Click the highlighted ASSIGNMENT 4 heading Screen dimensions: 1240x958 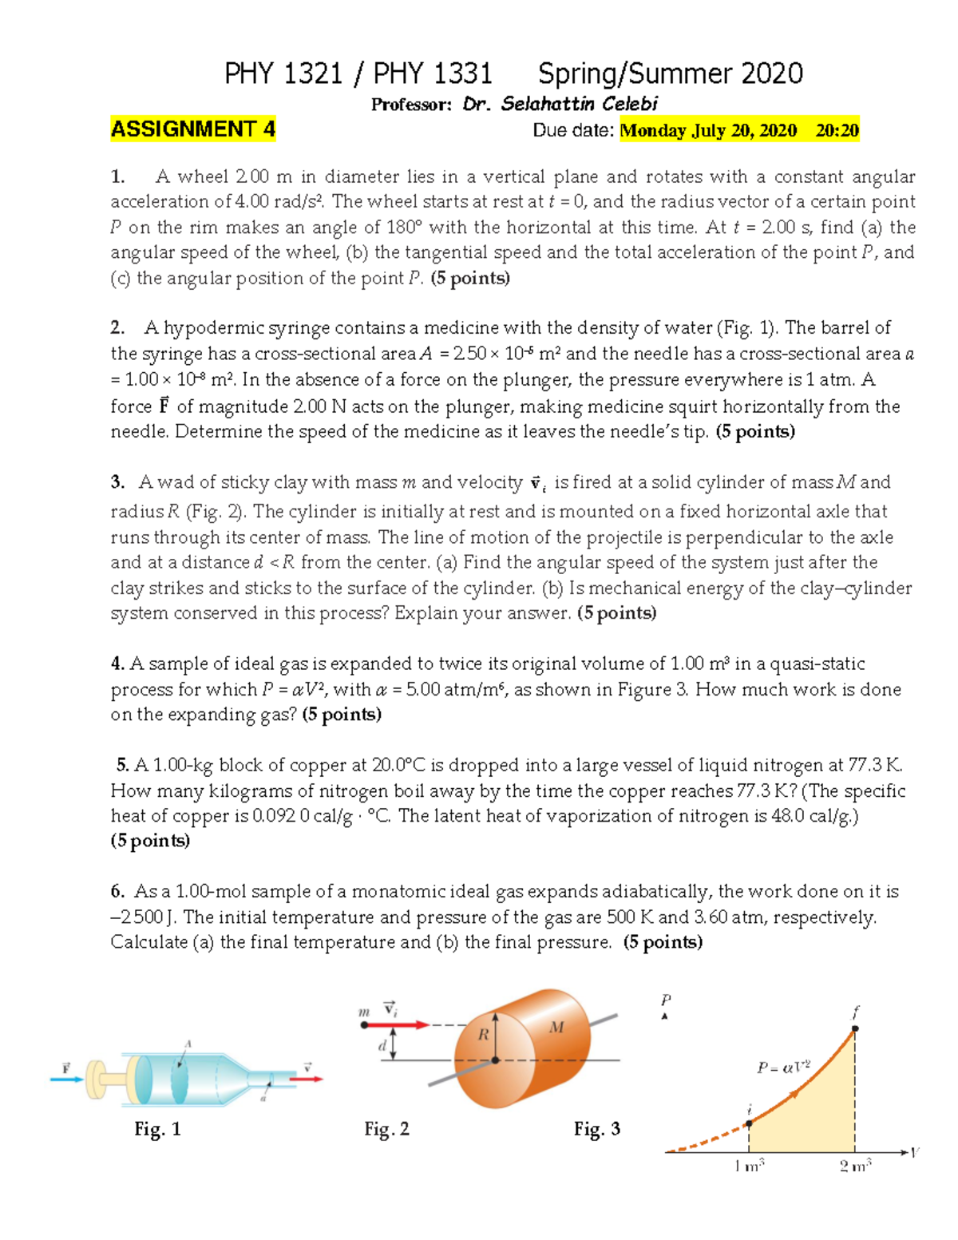pyautogui.click(x=192, y=129)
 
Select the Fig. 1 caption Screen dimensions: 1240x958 pyautogui.click(x=157, y=1129)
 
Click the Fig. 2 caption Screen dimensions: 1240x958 pyautogui.click(x=386, y=1129)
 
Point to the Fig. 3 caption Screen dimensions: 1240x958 pyautogui.click(x=596, y=1129)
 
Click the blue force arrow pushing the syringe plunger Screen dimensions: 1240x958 pyautogui.click(x=66, y=1080)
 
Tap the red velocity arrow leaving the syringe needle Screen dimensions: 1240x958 pyautogui.click(x=306, y=1080)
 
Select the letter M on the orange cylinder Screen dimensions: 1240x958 pyautogui.click(x=556, y=1027)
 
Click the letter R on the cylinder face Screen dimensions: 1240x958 pyautogui.click(x=483, y=1035)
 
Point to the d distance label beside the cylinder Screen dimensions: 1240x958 pyautogui.click(x=382, y=1044)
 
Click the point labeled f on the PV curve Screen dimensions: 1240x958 pyautogui.click(x=854, y=1028)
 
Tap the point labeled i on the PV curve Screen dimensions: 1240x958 pyautogui.click(x=749, y=1123)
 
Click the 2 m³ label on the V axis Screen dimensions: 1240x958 pyautogui.click(x=855, y=1167)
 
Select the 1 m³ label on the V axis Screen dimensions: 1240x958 pyautogui.click(x=749, y=1167)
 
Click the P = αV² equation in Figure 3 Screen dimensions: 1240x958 pyautogui.click(x=783, y=1067)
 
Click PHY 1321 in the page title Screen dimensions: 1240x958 pyautogui.click(x=283, y=74)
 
